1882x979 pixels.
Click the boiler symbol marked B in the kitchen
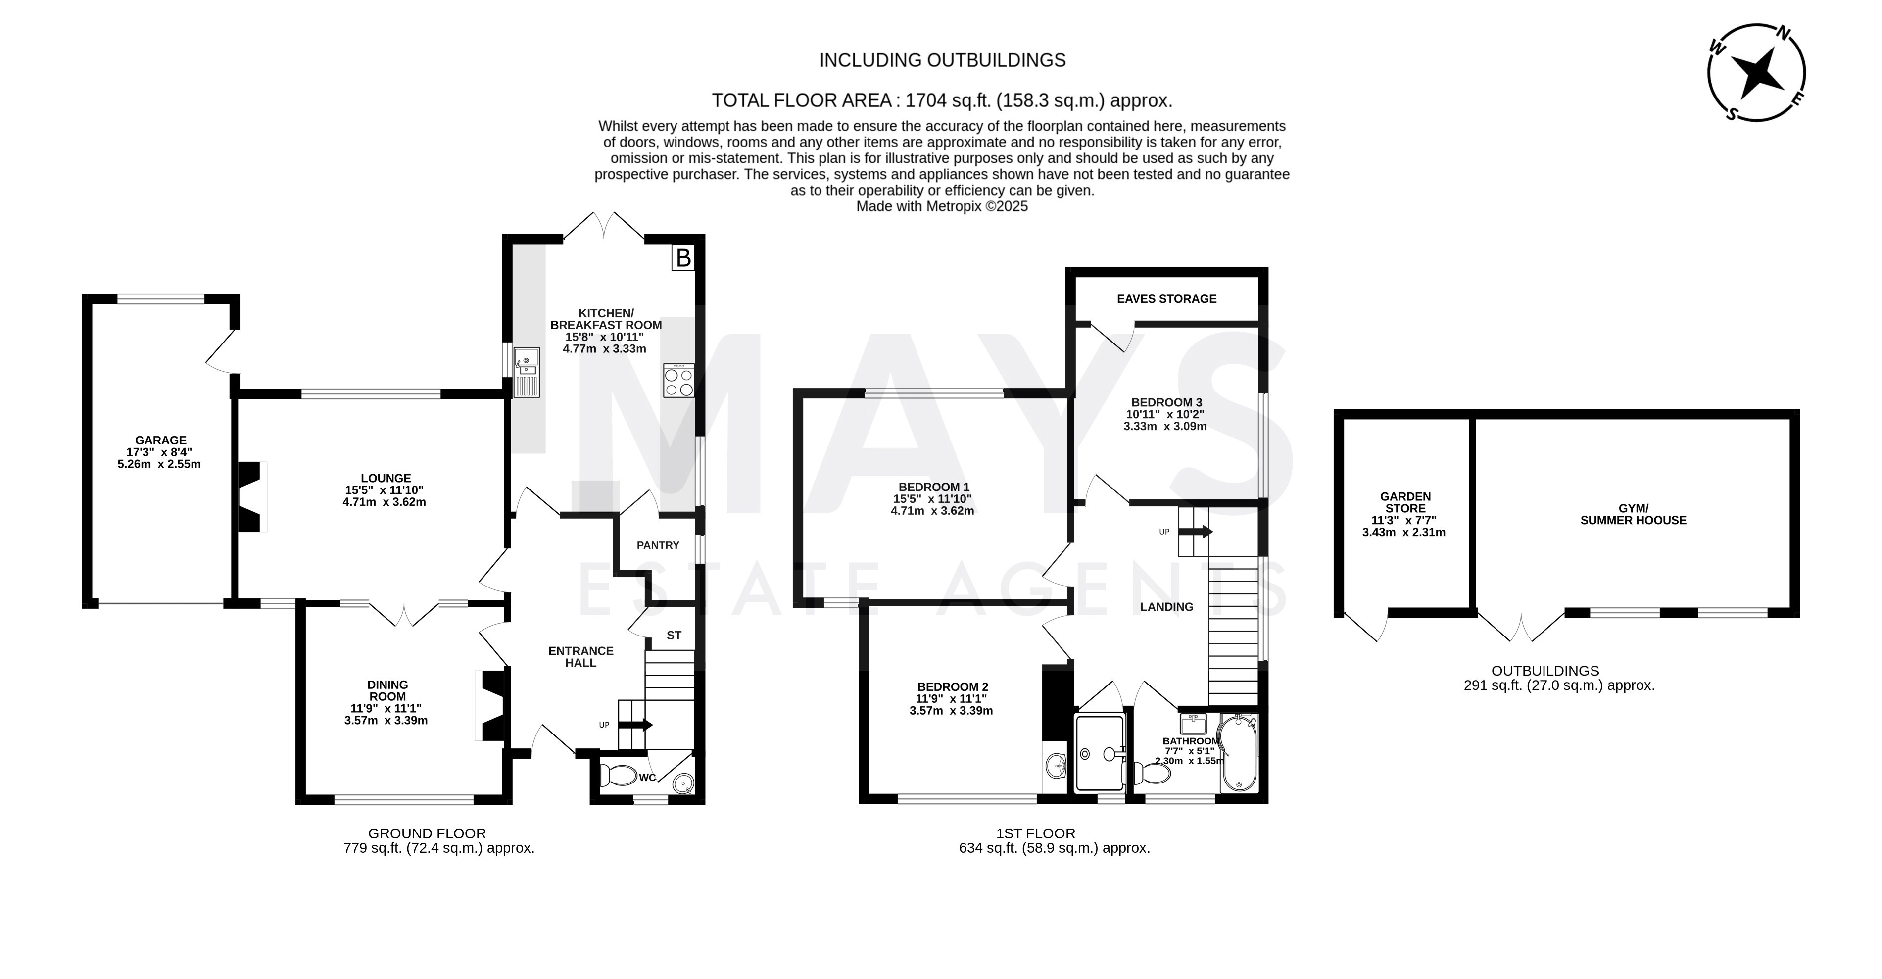click(x=682, y=258)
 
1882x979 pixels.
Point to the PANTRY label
click(x=658, y=545)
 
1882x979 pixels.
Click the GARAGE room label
click(x=161, y=440)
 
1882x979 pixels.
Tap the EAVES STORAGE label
click(x=1167, y=299)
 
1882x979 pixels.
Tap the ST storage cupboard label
click(x=674, y=636)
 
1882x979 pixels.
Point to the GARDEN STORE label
click(x=1405, y=503)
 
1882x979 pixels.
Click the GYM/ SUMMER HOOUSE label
click(x=1634, y=514)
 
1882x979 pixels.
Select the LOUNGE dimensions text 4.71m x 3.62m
click(x=385, y=502)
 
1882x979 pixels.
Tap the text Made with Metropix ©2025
click(x=942, y=207)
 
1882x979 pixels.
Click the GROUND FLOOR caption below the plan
click(x=427, y=833)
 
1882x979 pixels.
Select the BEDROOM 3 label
click(x=1167, y=402)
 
